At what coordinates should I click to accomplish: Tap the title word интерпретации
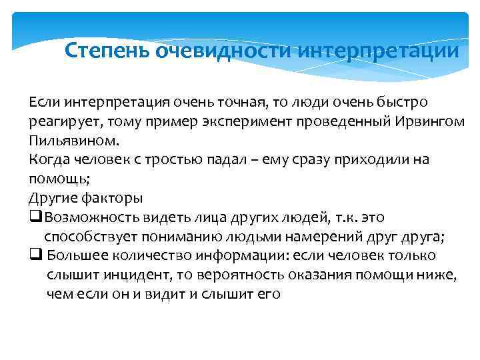click(379, 51)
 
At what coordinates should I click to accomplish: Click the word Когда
click(48, 160)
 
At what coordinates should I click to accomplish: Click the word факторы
click(112, 199)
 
